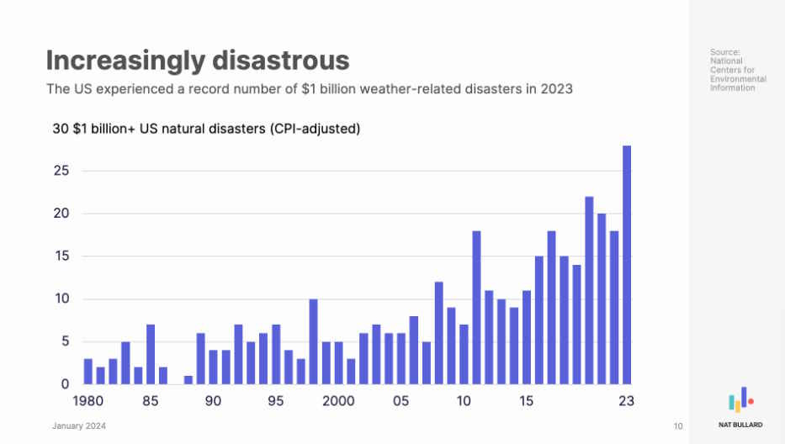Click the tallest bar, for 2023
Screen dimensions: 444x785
[x=627, y=265]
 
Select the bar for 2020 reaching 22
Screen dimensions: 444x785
[x=589, y=290]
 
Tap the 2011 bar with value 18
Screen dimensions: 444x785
[x=476, y=307]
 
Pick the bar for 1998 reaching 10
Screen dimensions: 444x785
[x=313, y=341]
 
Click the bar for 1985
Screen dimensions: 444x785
[x=151, y=354]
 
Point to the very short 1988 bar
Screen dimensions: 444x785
[x=188, y=380]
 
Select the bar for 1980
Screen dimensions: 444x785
[x=88, y=372]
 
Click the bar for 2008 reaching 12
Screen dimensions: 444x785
[x=438, y=333]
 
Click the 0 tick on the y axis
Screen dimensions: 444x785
[x=64, y=384]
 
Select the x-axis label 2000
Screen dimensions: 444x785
[x=337, y=402]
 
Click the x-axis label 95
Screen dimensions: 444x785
[x=276, y=402]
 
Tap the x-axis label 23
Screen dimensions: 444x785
[x=627, y=402]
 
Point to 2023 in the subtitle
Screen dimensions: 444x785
[x=554, y=89]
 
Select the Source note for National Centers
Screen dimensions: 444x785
[x=737, y=70]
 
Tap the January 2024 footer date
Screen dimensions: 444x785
[x=79, y=426]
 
